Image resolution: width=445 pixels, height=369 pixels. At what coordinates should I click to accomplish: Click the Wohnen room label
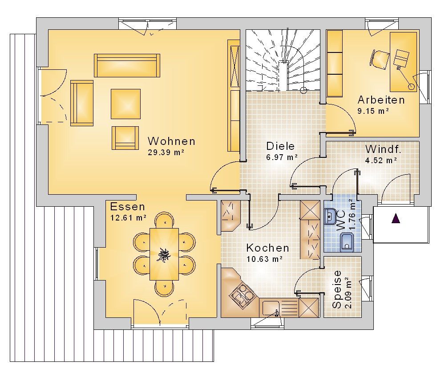pos(171,141)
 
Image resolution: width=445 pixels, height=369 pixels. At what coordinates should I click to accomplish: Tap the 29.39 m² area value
pos(166,152)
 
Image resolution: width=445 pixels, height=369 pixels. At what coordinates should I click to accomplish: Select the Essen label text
pos(127,207)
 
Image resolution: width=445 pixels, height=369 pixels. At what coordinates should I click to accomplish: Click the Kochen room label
pos(267,248)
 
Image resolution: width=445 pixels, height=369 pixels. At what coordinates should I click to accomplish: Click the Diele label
pos(280,146)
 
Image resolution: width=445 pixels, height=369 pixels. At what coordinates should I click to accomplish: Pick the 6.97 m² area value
pos(282,157)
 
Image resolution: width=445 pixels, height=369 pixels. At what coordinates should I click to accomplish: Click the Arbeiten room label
pos(381,100)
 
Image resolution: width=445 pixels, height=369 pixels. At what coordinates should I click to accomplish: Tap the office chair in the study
pos(379,59)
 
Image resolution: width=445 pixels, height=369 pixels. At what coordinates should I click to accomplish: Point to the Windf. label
pos(383,149)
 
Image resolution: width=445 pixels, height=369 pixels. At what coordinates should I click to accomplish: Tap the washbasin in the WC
pos(330,217)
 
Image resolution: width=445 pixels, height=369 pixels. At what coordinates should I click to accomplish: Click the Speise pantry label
pos(337,289)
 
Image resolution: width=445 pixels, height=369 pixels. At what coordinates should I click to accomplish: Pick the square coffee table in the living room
pos(125,104)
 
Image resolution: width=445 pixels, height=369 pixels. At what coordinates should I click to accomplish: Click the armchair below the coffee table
pos(125,138)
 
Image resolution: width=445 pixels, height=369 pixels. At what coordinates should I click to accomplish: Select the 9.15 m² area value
pos(373,111)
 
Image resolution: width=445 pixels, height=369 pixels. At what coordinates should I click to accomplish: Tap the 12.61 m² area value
pos(128,218)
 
